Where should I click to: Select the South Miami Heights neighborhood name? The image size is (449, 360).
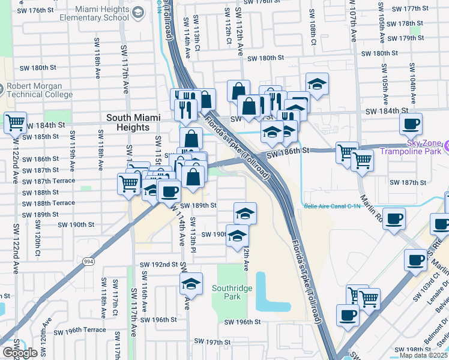(128, 122)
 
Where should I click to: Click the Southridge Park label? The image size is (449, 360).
(232, 292)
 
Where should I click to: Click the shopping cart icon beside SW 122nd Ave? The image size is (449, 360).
(15, 123)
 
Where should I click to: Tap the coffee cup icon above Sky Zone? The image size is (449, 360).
(411, 124)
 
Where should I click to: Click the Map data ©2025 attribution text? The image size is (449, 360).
(423, 355)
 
